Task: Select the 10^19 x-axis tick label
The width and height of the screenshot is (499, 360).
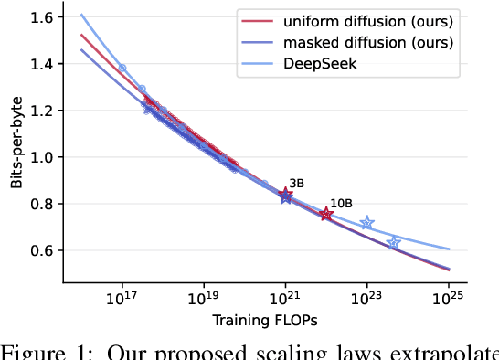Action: [x=203, y=299]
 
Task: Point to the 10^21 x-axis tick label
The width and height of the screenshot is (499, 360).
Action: [x=285, y=299]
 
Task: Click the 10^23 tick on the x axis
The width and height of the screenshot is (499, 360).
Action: [x=366, y=299]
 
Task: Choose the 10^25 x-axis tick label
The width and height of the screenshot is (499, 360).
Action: [x=448, y=299]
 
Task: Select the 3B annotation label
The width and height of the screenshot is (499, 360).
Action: [x=296, y=184]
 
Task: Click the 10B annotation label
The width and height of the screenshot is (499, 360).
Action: [x=340, y=203]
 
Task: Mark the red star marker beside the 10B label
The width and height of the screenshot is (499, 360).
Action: [x=326, y=215]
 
